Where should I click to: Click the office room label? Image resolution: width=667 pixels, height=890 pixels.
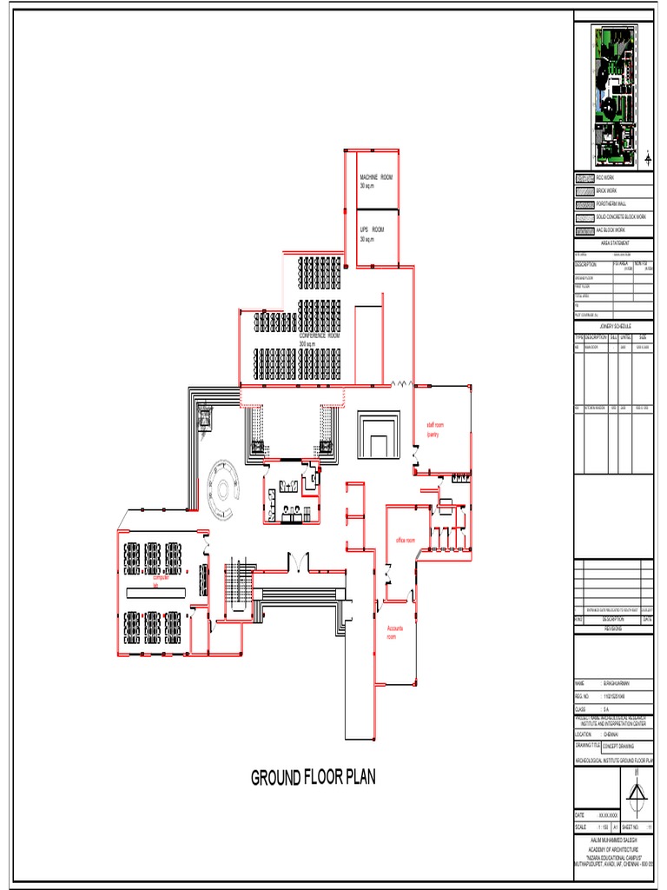pyautogui.click(x=406, y=540)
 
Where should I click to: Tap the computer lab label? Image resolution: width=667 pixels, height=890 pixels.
pyautogui.click(x=161, y=581)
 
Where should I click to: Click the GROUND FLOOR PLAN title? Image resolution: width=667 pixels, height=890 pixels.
pyautogui.click(x=314, y=777)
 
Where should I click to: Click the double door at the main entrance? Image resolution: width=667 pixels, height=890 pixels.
pyautogui.click(x=296, y=564)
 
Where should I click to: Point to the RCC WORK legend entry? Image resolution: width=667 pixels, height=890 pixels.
pyautogui.click(x=604, y=177)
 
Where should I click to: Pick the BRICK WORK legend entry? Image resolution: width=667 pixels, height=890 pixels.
pyautogui.click(x=606, y=190)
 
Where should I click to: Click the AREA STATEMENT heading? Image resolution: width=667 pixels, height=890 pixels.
pyautogui.click(x=614, y=243)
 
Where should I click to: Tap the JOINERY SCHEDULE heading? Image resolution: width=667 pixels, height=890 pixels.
pyautogui.click(x=614, y=326)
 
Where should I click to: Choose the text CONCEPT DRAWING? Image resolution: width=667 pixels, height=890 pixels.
pyautogui.click(x=618, y=747)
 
